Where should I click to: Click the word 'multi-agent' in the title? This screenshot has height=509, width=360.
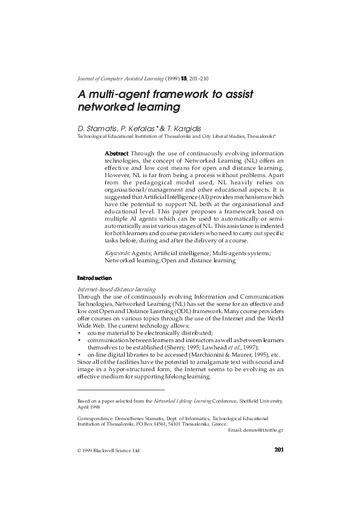123,95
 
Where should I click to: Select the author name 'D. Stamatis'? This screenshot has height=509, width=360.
97,129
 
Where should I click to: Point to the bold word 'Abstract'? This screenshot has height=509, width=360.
117,154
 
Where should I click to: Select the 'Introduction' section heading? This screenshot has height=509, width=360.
94,278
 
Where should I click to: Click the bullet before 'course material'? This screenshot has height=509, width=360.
79,333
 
